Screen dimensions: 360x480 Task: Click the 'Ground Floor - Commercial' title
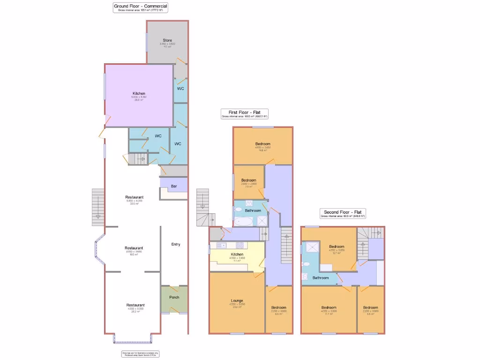tap(141, 6)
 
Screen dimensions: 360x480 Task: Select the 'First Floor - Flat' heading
tap(245, 112)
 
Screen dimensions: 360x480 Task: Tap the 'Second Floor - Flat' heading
tap(343, 212)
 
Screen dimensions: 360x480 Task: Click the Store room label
tap(167, 40)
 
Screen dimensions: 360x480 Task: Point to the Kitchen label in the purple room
tap(139, 93)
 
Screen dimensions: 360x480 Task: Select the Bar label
tap(174, 186)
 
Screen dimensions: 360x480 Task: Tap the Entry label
tap(176, 244)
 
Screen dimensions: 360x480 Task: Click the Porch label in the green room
tap(174, 297)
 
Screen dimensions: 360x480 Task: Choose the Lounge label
tap(237, 300)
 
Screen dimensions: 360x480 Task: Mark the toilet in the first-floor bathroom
tap(238, 210)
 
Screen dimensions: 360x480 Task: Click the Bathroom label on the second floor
tap(321, 277)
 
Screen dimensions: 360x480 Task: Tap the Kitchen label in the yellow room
tap(237, 254)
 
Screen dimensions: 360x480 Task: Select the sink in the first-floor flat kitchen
tap(220, 245)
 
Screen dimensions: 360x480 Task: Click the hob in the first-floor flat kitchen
tap(240, 245)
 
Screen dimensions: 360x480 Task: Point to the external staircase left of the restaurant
tap(98, 206)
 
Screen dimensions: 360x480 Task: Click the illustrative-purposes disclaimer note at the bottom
tap(134, 354)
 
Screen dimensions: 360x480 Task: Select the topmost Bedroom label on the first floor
tap(263, 143)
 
